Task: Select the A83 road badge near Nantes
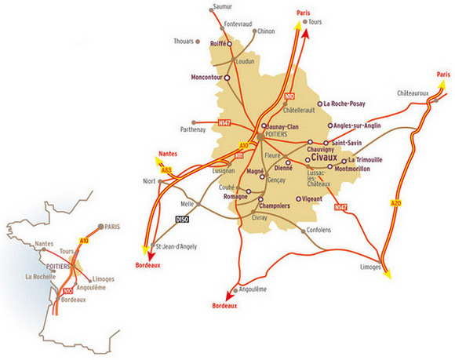point(166,169)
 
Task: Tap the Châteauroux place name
point(413,93)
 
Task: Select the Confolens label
point(320,231)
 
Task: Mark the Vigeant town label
point(313,198)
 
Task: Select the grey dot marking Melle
point(198,204)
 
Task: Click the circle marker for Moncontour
point(227,78)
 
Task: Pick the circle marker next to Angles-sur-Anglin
point(329,125)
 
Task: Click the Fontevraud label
point(236,24)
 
